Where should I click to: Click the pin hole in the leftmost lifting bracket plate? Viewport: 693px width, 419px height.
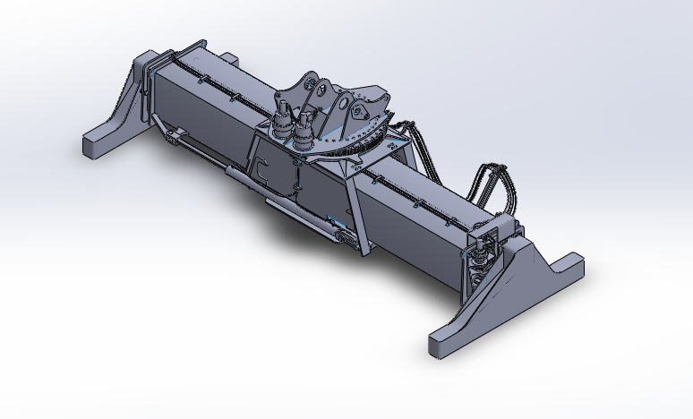coord(310,85)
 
